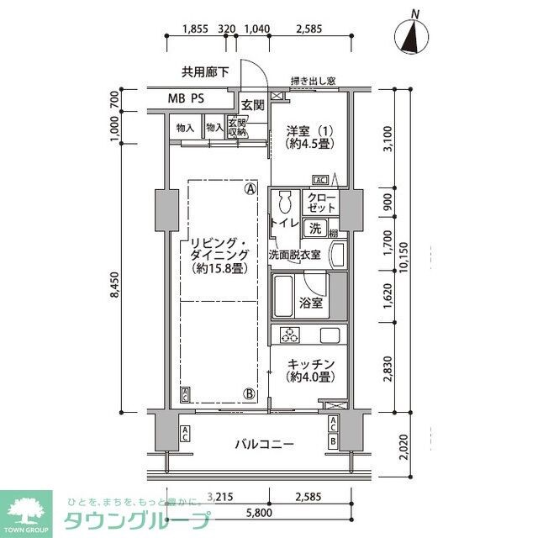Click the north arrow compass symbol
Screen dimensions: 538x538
coord(412,36)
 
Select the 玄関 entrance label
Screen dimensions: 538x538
coord(252,105)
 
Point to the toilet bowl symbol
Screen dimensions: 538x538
coord(284,203)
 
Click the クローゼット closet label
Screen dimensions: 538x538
coord(322,202)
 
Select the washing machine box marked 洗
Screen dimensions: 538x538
coord(314,227)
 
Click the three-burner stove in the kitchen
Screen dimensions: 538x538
coord(291,336)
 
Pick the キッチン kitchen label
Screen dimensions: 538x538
coord(311,371)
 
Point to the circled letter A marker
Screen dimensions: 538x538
coord(250,189)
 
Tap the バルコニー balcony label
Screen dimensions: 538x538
coord(264,444)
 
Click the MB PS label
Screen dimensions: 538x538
coord(186,98)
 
